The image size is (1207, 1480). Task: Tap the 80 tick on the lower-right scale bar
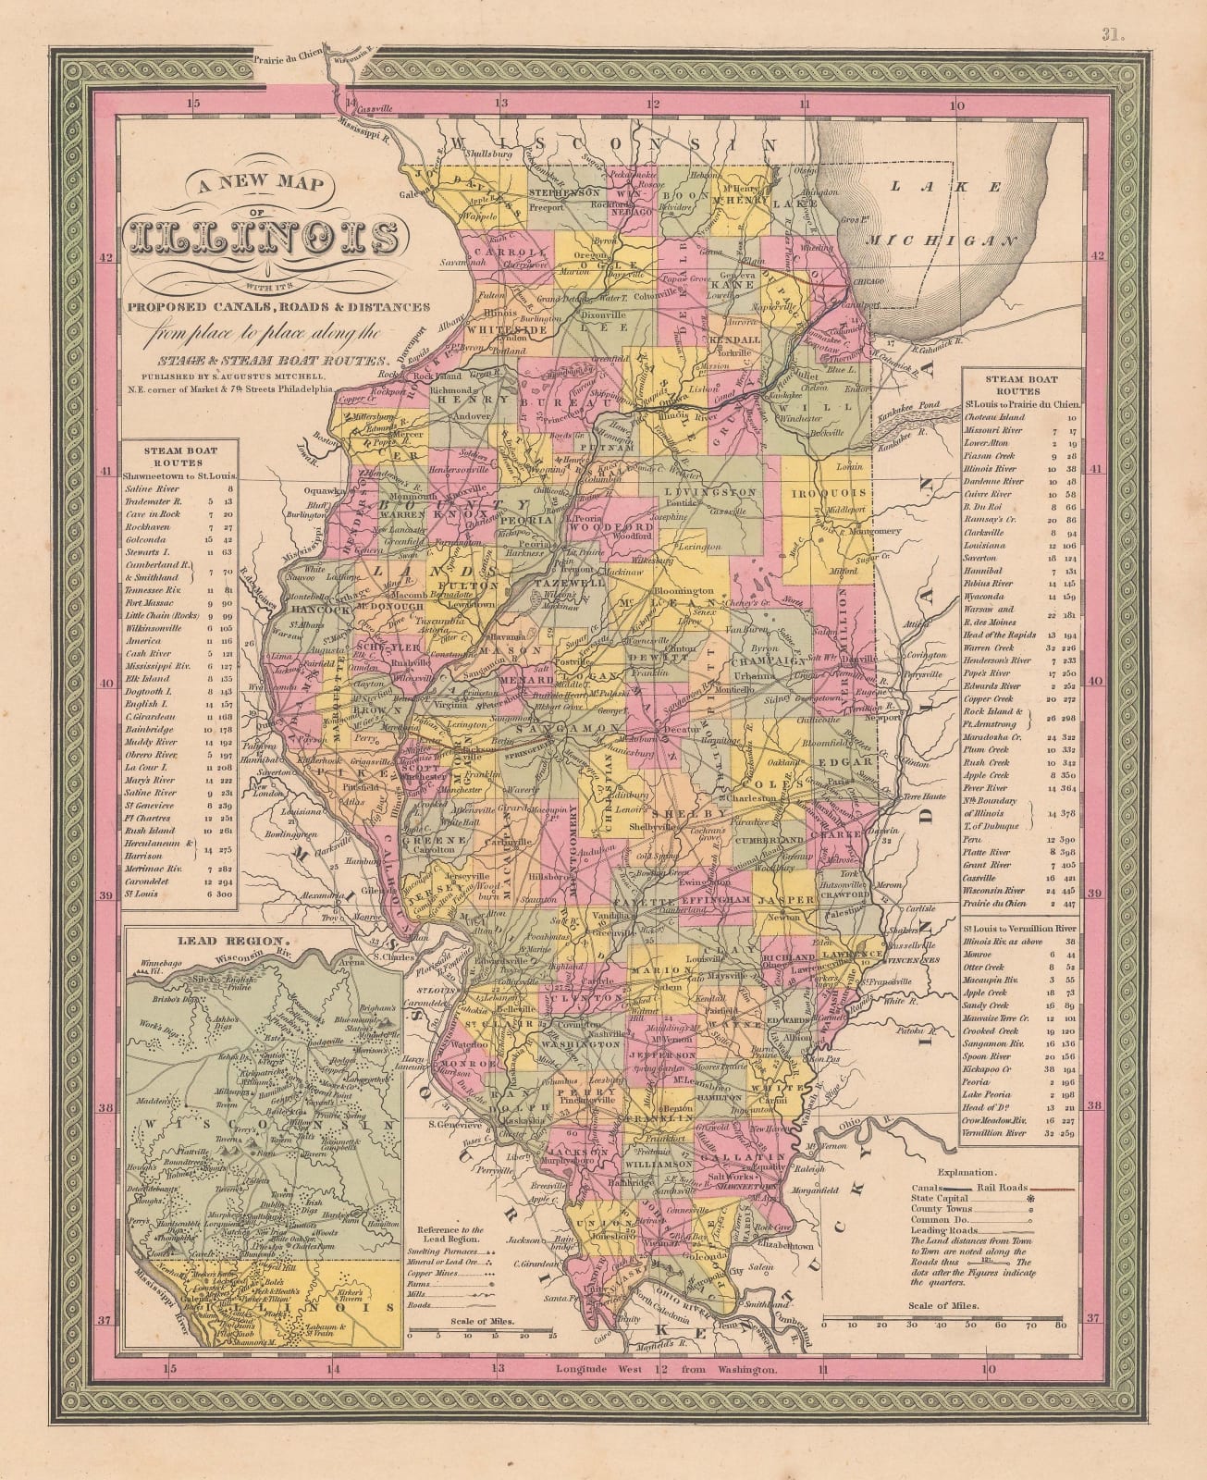pos(1060,1325)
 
